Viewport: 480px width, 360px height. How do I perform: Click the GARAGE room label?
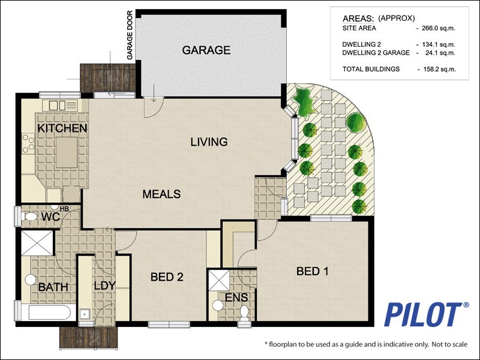point(206,50)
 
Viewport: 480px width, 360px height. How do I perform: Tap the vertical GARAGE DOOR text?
point(130,35)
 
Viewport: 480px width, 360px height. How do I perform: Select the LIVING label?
point(209,142)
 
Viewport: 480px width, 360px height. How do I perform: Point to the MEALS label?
point(161,194)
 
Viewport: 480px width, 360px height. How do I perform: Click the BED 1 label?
point(312,271)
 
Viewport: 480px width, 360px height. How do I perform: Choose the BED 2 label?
point(167,277)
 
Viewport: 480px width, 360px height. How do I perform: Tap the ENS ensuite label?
point(236,297)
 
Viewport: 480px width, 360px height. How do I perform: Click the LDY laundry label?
point(104,286)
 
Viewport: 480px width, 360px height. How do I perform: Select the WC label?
point(50,217)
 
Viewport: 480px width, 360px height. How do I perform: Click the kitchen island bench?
point(67,152)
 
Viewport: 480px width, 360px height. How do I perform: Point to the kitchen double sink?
point(57,106)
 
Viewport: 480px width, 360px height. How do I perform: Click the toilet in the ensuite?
point(244,311)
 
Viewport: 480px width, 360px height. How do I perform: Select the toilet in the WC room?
point(29,217)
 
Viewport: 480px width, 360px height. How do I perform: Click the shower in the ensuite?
point(218,280)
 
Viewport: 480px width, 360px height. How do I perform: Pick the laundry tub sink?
point(84,314)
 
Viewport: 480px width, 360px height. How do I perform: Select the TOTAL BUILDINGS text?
point(371,69)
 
